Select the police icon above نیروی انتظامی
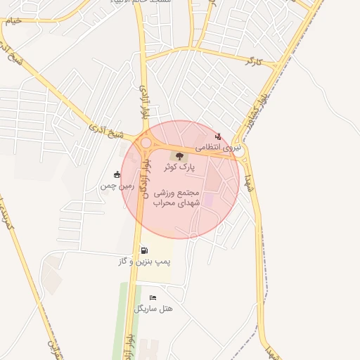coord(218,137)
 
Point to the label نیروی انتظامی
coord(218,148)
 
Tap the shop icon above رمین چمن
coord(117,175)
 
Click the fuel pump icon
coord(144,250)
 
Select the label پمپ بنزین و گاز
coord(145,262)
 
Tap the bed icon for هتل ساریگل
coord(153,297)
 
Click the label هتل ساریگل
coord(153,309)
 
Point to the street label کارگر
coord(252,62)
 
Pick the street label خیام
coord(13,22)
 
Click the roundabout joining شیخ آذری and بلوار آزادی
coord(146,143)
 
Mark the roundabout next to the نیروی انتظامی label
coord(239,150)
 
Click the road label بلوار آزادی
coord(143,103)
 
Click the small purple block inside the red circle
coord(208,200)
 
